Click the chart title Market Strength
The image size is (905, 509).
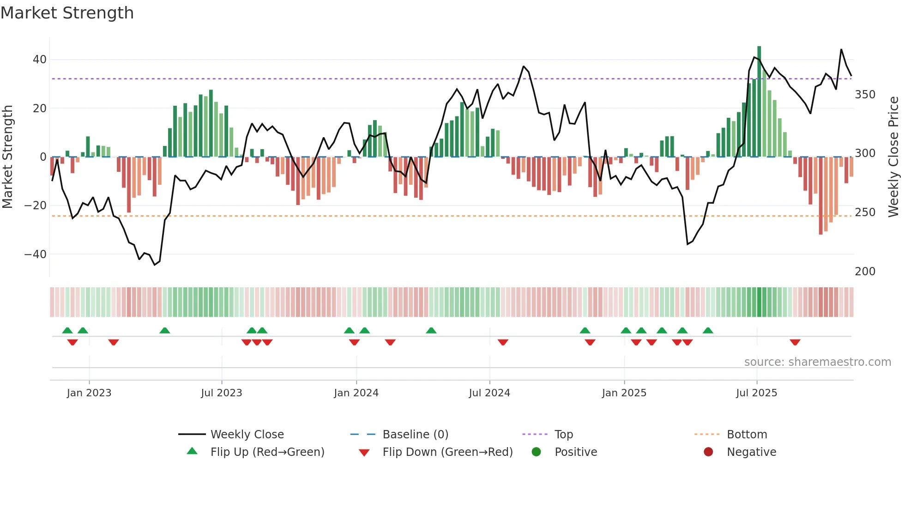click(67, 13)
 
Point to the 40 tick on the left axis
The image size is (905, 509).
click(39, 60)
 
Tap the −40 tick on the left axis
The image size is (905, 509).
click(35, 254)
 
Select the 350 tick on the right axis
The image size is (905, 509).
click(865, 95)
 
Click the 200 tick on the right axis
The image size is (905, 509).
click(865, 272)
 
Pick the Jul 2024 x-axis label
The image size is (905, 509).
click(489, 393)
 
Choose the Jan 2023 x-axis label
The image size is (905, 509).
click(89, 393)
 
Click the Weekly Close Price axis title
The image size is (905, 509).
click(893, 157)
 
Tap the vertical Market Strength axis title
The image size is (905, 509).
click(7, 157)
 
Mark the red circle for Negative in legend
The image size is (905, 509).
click(708, 452)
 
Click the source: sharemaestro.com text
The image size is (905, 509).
click(817, 362)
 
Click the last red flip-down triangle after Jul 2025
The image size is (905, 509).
click(795, 342)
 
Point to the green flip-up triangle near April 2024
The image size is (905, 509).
click(431, 330)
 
